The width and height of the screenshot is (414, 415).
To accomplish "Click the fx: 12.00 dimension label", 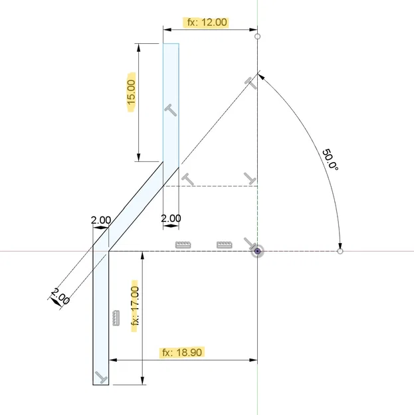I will pos(207,22).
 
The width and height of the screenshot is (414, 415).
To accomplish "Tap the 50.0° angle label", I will pos(330,161).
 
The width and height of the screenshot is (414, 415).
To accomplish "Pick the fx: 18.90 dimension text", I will pos(181,352).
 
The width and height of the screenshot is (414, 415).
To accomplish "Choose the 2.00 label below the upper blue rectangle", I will pos(171,218).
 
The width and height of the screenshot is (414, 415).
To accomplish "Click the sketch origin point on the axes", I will pos(257,252).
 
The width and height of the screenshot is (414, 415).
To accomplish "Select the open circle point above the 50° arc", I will pos(258,36).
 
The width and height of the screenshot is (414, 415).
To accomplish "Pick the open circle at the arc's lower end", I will pos(340,252).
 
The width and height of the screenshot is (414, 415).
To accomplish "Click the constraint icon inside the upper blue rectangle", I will pos(171,110).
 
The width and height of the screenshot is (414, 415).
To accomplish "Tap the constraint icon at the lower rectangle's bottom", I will pos(100,377).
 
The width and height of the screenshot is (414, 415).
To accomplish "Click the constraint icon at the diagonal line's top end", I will pos(249,82).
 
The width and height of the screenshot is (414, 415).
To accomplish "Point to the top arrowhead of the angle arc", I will pos(260,77).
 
